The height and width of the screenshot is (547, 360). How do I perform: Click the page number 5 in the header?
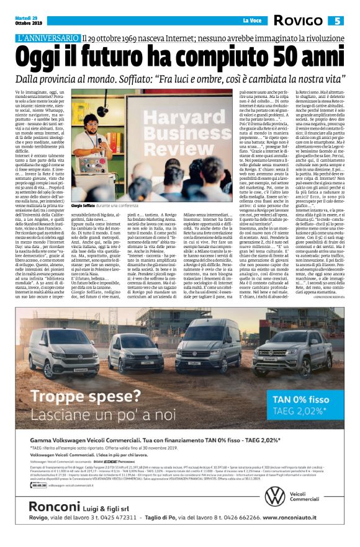click(x=338, y=21)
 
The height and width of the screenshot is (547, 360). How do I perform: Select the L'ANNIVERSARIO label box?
click(x=48, y=38)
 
